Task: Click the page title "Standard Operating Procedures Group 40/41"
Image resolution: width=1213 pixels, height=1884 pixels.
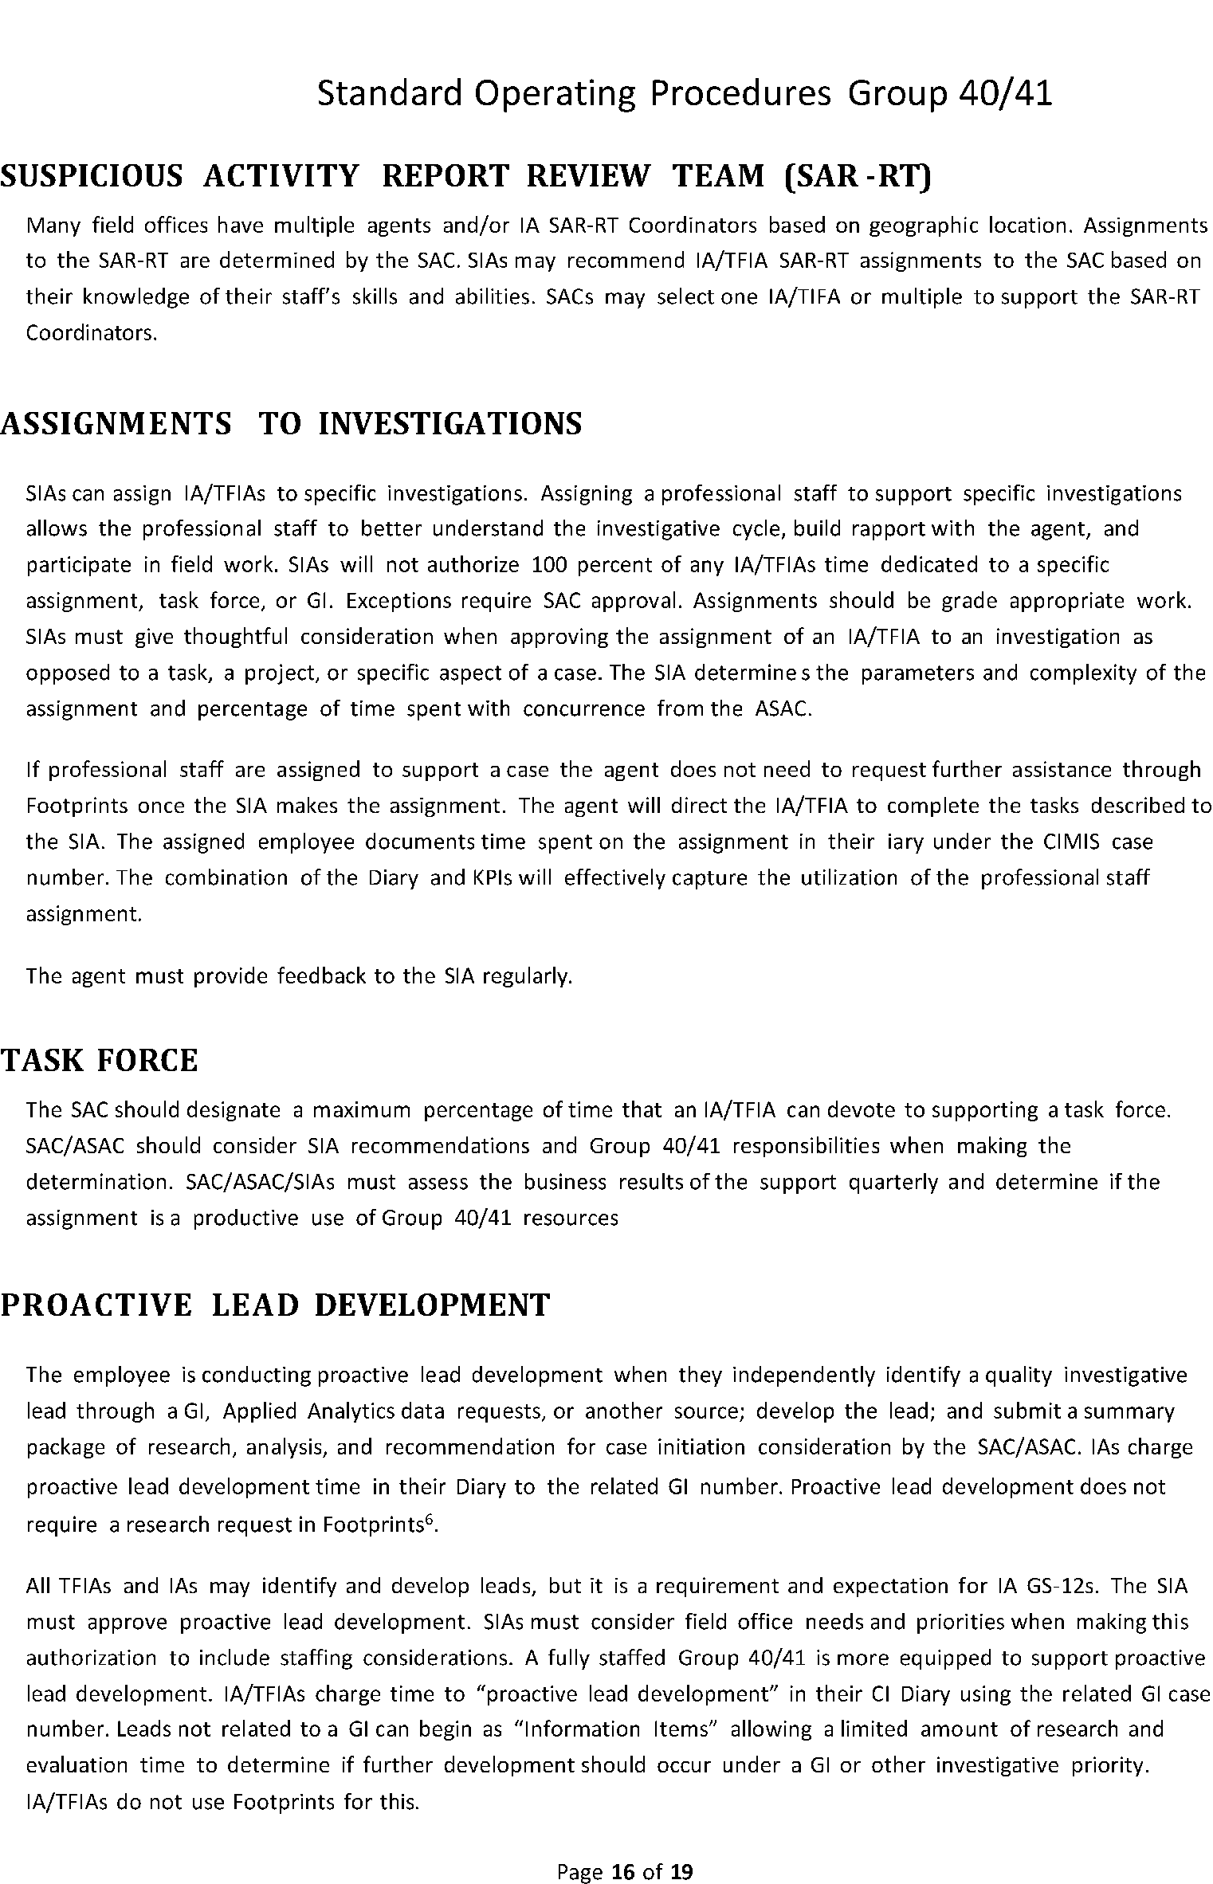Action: (x=685, y=94)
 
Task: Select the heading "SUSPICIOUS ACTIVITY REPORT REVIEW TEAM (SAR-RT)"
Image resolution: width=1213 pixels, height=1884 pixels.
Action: (x=465, y=176)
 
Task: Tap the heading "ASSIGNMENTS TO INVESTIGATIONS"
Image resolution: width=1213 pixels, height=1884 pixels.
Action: (x=291, y=423)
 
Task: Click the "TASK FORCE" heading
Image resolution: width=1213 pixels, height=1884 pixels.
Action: (x=99, y=1061)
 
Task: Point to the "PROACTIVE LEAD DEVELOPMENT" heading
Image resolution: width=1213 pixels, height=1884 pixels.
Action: (x=275, y=1305)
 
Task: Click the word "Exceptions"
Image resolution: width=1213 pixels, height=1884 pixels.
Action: (x=398, y=601)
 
